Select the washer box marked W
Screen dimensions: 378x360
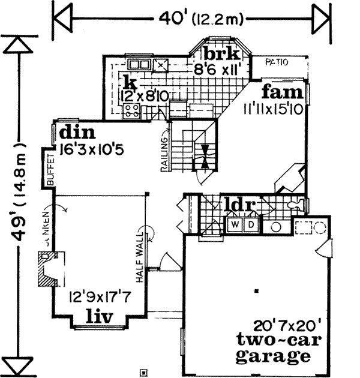[x=234, y=224]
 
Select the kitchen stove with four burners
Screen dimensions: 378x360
[x=132, y=110]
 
